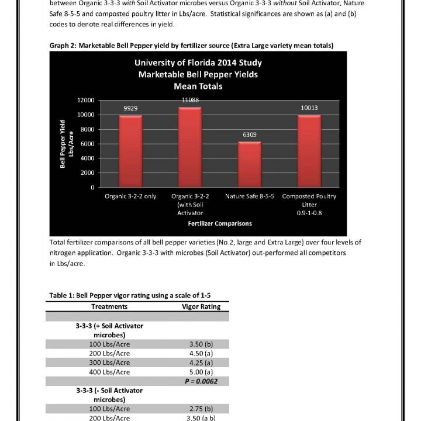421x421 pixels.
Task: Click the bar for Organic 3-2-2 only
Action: click(130, 151)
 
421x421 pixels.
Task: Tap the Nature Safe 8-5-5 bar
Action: click(250, 164)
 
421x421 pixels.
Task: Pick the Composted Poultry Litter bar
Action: click(309, 151)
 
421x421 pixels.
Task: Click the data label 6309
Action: click(250, 135)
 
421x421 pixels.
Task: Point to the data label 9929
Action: click(130, 108)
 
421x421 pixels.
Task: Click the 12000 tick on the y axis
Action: click(86, 100)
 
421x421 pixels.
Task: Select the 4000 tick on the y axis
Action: click(88, 158)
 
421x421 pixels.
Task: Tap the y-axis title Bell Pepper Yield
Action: click(63, 144)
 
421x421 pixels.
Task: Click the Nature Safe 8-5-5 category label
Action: click(250, 196)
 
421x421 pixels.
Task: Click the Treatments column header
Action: click(109, 306)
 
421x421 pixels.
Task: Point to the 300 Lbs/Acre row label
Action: click(109, 363)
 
